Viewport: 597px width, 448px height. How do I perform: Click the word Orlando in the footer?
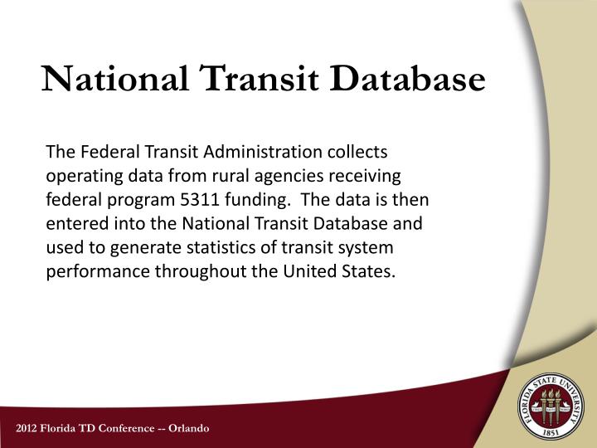pyautogui.click(x=188, y=428)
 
